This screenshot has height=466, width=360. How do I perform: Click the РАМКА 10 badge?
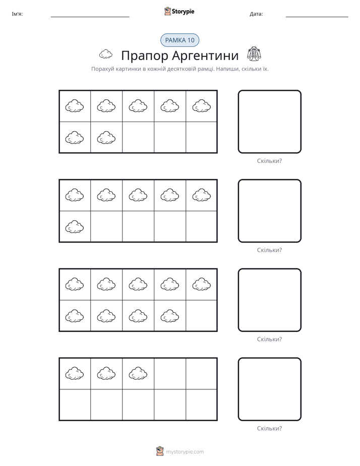(179, 40)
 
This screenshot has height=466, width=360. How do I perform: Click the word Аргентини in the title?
(206, 55)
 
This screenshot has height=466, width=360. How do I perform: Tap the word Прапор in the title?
(145, 56)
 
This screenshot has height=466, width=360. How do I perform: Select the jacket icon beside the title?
(254, 54)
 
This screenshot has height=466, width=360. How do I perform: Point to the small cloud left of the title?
(106, 54)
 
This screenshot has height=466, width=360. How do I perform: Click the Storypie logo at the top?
(179, 11)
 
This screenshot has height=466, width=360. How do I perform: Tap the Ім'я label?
(17, 14)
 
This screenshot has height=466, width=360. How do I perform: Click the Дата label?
(256, 14)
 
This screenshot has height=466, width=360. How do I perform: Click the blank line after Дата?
(317, 17)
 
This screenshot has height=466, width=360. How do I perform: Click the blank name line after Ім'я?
(90, 17)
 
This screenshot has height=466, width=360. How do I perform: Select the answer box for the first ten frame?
(269, 122)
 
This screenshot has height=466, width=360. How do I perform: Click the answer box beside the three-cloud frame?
(269, 389)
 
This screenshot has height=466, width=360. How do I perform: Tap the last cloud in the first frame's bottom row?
(106, 138)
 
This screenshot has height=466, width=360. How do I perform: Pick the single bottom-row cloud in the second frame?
(75, 227)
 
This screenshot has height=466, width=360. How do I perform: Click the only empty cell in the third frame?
(201, 316)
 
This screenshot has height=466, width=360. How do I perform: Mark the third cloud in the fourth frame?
(138, 373)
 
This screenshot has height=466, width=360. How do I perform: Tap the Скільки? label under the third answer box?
(269, 339)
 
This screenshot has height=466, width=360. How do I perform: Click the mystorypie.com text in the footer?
(185, 452)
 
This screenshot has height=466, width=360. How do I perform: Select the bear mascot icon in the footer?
(160, 451)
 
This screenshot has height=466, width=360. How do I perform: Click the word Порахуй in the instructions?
(103, 69)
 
